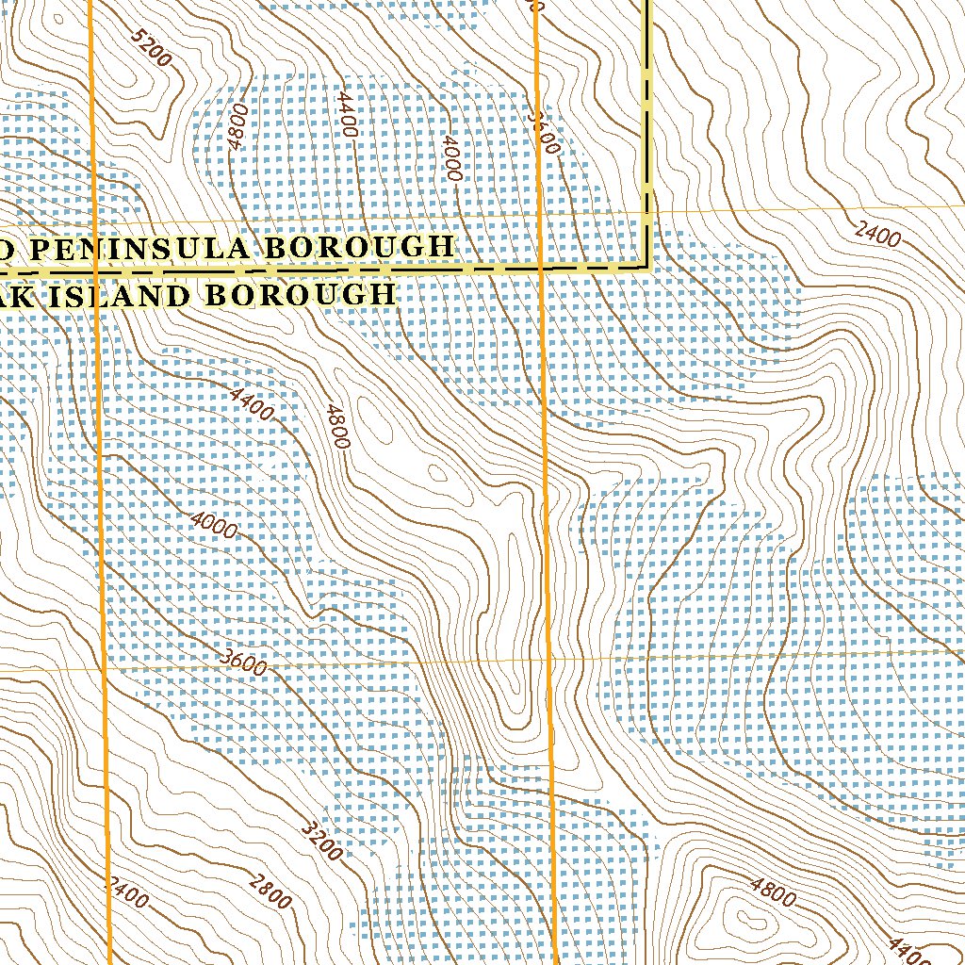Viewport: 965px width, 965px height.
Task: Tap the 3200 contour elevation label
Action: click(x=321, y=842)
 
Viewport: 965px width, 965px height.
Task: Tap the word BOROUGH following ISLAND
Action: click(x=301, y=295)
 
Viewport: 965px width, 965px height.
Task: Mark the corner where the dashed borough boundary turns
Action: click(x=647, y=267)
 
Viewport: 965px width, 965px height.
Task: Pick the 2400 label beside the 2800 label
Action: click(x=127, y=892)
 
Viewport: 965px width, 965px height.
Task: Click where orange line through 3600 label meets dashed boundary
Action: click(x=539, y=268)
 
